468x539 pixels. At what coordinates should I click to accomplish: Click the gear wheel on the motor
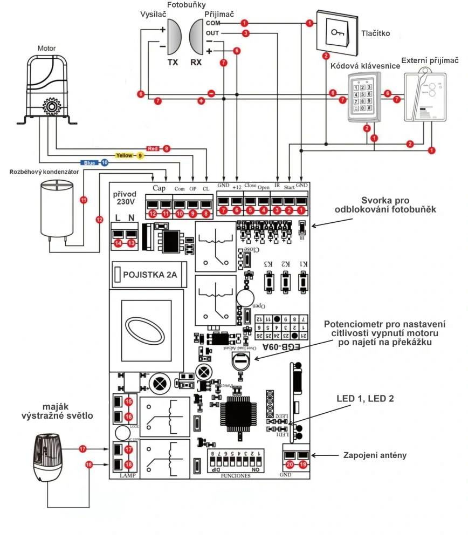click(x=52, y=106)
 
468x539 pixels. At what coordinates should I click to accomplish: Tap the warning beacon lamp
click(x=48, y=456)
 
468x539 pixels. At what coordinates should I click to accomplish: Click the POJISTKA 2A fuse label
click(x=149, y=275)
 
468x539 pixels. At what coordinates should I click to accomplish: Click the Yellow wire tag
click(x=125, y=155)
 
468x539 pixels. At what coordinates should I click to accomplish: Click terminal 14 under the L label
click(x=119, y=243)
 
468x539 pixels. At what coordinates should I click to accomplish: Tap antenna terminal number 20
click(x=290, y=464)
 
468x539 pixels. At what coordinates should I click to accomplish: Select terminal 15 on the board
click(x=128, y=401)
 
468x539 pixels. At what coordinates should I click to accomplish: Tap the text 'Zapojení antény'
click(x=375, y=455)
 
